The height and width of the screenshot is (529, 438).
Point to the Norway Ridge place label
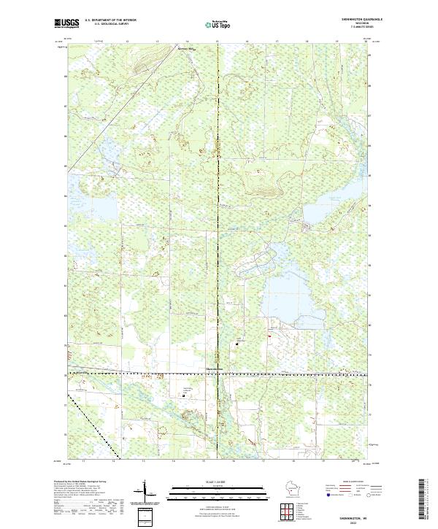[188, 50]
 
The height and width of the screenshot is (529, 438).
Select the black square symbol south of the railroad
[183, 395]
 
